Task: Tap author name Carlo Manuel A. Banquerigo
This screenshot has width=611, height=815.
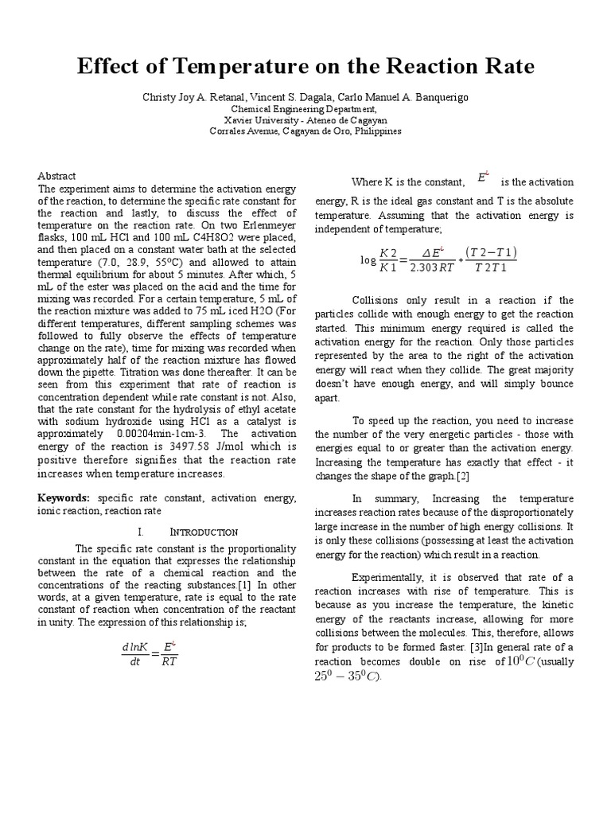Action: [x=404, y=97]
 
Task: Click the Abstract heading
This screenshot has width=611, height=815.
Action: [x=57, y=176]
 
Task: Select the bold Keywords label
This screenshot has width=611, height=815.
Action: [x=64, y=497]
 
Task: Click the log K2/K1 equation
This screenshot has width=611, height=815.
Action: [x=438, y=260]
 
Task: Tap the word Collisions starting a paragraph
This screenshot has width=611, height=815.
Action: [x=378, y=300]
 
